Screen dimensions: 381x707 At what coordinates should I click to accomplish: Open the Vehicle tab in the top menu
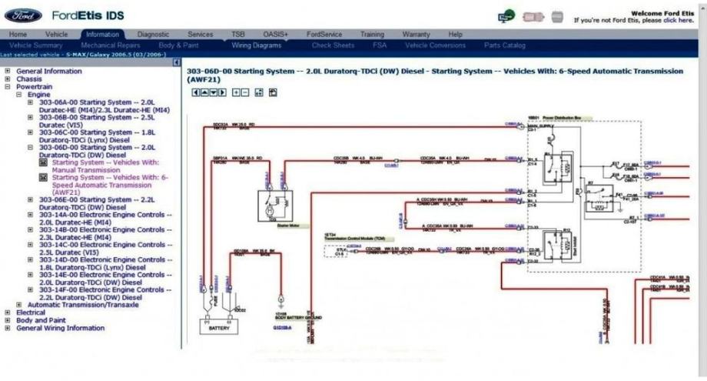coord(56,35)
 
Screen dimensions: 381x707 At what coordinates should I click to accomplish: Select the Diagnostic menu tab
coord(152,35)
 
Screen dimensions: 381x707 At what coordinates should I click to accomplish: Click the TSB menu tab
coord(238,35)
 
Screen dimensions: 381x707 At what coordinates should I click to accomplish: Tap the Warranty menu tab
coord(416,35)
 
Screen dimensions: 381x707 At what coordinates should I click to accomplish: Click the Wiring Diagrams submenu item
coord(257,45)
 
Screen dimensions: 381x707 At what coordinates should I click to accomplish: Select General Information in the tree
coord(48,71)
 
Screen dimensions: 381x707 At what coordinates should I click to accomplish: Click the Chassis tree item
coord(29,79)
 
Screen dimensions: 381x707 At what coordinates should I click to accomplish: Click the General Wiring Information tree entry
coord(60,328)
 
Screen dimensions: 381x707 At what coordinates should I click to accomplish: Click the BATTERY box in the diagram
coord(219,327)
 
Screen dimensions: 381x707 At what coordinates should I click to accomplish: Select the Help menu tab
coord(455,35)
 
